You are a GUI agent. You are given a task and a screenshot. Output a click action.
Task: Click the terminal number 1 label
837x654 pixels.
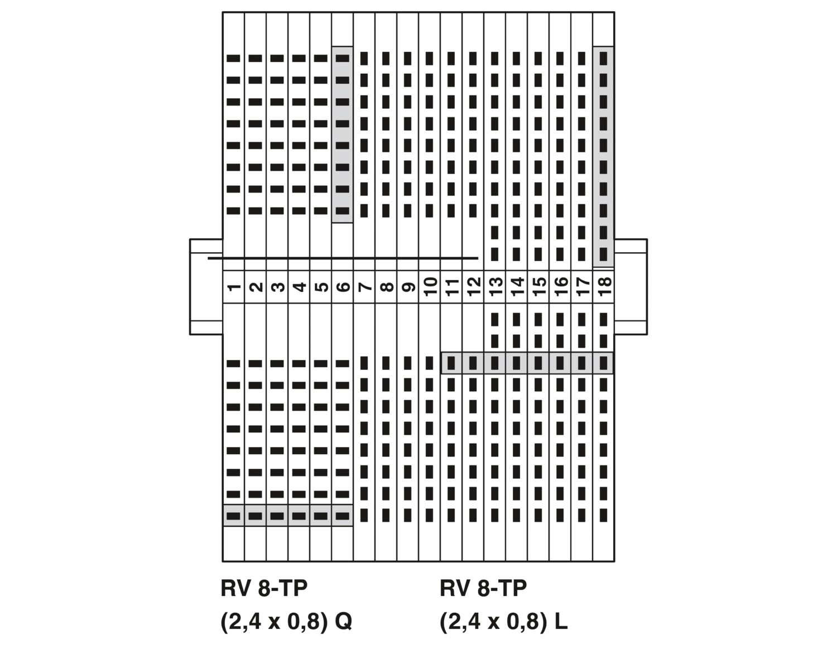tap(233, 287)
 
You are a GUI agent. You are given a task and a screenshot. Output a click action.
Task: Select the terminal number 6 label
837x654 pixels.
tap(343, 287)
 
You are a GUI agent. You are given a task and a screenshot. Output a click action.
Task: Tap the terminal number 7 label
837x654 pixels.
tap(364, 287)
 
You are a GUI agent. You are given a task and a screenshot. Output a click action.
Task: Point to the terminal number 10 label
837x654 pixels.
tap(430, 287)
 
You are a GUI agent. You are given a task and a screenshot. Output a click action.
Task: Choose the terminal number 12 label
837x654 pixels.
tap(473, 287)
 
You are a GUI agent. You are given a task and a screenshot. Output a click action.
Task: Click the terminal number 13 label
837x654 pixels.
tap(495, 287)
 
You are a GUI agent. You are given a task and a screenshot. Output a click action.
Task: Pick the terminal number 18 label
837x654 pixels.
tap(604, 287)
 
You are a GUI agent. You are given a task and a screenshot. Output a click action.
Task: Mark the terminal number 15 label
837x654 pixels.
tap(538, 287)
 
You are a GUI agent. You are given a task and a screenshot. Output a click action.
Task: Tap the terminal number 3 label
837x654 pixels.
tap(277, 287)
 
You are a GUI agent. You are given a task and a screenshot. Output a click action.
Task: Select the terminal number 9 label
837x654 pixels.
tap(407, 287)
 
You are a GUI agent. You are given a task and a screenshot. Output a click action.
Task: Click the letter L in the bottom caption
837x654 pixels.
tap(561, 621)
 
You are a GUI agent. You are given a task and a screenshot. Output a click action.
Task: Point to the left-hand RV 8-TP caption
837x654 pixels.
tap(264, 588)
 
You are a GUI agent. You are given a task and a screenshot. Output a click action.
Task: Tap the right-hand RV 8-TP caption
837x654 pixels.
tap(483, 588)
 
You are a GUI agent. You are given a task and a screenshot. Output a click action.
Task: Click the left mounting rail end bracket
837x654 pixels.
tap(206, 287)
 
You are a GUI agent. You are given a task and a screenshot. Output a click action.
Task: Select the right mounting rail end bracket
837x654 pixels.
tap(631, 287)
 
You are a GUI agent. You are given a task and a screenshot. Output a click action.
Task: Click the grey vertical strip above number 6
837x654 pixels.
tap(343, 134)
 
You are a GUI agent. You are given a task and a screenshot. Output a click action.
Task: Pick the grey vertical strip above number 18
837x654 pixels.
tap(604, 157)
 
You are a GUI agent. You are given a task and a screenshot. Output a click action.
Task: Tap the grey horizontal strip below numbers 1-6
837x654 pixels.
tap(288, 516)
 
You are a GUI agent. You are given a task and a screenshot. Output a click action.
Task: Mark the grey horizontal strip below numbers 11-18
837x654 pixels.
tap(527, 363)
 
